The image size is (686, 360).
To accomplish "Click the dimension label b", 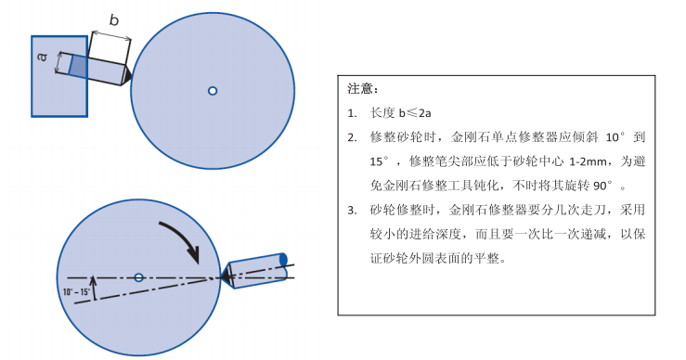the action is pos(114,20).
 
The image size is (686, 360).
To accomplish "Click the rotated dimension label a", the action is pos(43,57).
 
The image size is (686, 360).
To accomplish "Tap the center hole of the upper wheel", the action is pos(213,91).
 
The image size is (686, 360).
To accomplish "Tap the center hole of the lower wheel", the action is pos(138,277).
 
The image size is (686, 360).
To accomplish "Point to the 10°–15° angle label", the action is pos(76,291).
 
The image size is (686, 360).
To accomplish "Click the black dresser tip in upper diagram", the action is pos(126,76).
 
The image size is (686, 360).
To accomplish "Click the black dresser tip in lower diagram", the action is pos(227,276).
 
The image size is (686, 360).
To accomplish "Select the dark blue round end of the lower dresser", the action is pos(283,260).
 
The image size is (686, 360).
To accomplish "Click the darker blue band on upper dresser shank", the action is pos(78,67).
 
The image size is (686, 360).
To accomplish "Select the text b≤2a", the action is pos(415,113).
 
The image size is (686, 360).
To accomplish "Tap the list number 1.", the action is pos(352,114).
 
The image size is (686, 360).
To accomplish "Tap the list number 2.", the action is pos(352,138).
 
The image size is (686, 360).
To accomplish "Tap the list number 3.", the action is pos(352,211).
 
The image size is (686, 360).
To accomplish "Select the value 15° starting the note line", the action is pos(379,161).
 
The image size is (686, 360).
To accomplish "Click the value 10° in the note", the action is pos(615,137).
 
